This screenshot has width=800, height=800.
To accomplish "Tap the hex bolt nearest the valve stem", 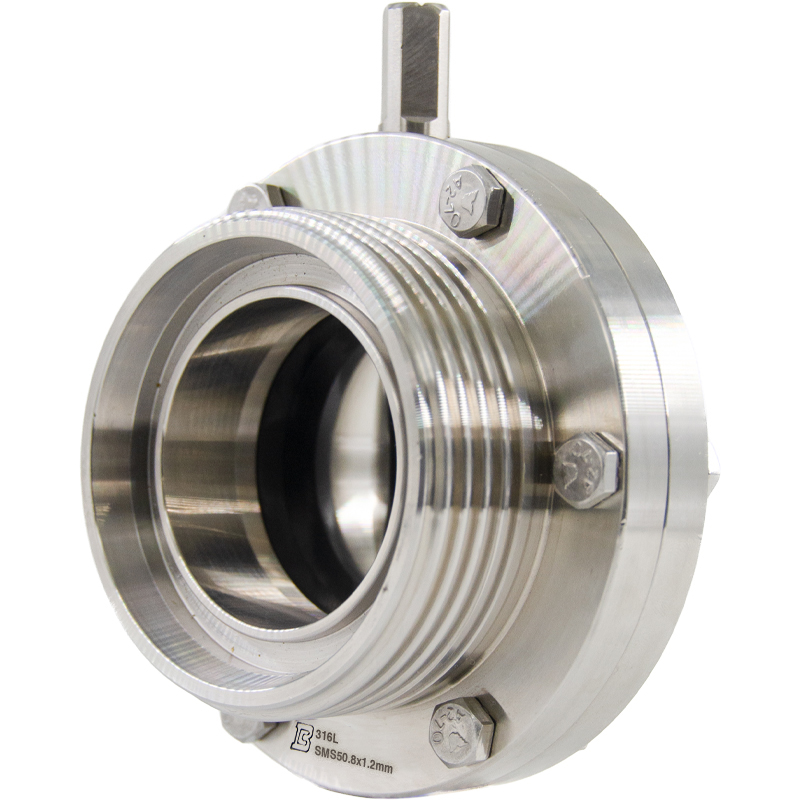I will pos(473,201).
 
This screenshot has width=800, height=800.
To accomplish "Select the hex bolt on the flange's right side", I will pos(587,468).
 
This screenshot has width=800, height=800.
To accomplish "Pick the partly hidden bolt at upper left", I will pos(255,197).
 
